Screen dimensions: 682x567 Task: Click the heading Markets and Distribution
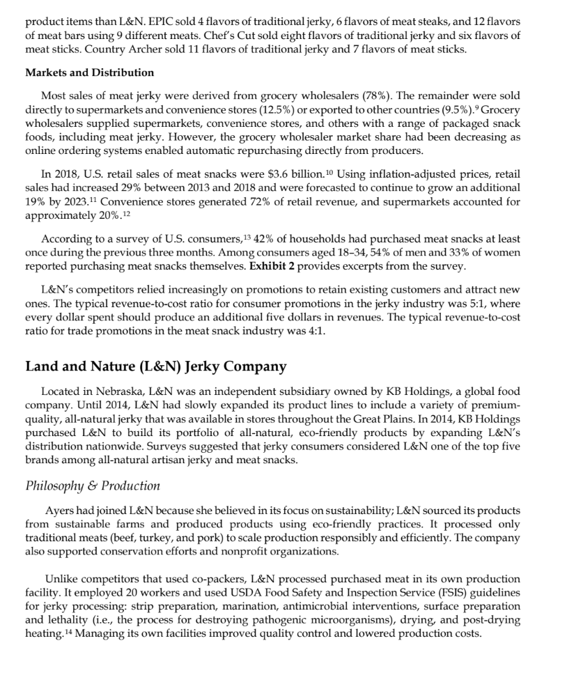[90, 72]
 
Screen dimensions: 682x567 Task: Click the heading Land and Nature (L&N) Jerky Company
[155, 366]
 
